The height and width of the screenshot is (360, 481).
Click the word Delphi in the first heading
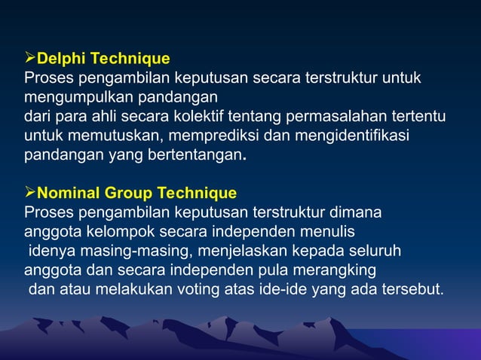click(x=60, y=59)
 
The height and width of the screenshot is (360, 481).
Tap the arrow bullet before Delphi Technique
click(x=30, y=59)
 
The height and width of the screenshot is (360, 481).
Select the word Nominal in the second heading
click(x=69, y=193)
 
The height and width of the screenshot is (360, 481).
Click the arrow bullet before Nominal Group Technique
click(x=30, y=193)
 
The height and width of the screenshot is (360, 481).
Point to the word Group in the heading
click(x=127, y=193)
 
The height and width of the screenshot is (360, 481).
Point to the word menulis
click(x=328, y=232)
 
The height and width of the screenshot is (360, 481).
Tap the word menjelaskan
click(x=210, y=251)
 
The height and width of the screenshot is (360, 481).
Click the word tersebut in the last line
click(x=414, y=290)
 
